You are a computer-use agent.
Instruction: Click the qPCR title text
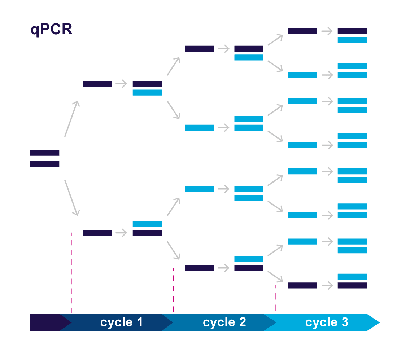52,30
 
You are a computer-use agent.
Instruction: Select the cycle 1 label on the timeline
121,322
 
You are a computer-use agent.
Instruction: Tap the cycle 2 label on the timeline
224,322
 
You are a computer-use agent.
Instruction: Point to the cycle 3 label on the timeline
327,322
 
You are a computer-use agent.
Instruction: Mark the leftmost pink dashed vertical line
71,272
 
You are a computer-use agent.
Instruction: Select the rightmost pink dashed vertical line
276,298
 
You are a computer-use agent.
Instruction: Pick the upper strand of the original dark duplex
45,153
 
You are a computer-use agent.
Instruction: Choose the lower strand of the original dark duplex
45,164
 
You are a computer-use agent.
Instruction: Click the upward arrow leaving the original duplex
71,119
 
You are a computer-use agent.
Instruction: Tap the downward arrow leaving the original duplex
71,198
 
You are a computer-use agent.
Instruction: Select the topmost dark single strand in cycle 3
302,31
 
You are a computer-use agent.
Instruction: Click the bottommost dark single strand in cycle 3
302,285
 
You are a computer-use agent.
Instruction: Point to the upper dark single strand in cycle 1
97,84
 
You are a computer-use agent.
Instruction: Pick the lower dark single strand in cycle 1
97,233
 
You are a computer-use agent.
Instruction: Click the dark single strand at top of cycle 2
199,48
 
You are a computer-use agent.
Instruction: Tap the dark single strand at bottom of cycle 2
199,268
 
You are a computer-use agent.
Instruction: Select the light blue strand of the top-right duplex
352,40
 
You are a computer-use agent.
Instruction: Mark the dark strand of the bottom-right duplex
352,285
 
